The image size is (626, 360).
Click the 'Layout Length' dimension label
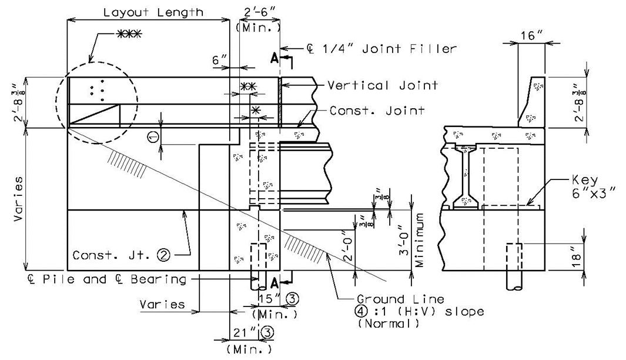tap(153, 12)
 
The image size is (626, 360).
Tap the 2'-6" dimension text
tap(259, 12)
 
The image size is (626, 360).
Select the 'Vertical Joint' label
tap(383, 85)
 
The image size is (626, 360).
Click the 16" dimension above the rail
tap(531, 35)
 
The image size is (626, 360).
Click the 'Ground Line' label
tap(400, 299)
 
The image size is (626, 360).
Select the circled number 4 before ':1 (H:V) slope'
tap(362, 311)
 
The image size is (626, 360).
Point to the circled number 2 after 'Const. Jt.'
tap(163, 255)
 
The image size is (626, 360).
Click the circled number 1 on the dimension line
tap(153, 137)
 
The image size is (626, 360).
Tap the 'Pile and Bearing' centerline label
tap(107, 279)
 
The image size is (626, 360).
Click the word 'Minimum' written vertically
tap(419, 240)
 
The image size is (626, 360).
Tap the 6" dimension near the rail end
tap(219, 61)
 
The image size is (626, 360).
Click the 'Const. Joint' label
tap(377, 110)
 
